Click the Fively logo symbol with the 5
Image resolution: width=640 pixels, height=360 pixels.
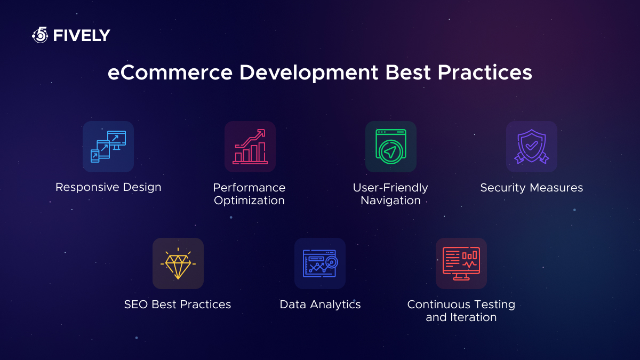[40, 35]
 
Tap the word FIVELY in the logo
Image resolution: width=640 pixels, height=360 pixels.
[82, 35]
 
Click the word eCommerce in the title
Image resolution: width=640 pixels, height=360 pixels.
[170, 73]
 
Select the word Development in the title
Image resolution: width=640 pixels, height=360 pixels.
[309, 73]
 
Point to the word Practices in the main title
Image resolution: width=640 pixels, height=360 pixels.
[485, 73]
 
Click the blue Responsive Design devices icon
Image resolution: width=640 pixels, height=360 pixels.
[108, 147]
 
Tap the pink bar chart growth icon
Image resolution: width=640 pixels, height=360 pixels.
[250, 147]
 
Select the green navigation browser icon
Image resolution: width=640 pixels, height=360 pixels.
[391, 147]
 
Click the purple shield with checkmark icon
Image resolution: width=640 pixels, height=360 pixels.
[532, 147]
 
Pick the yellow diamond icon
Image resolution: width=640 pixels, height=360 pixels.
[178, 263]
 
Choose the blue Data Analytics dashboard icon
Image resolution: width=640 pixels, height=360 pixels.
[321, 263]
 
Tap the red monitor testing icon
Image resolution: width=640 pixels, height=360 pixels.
[461, 263]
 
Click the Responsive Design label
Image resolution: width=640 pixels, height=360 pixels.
[108, 187]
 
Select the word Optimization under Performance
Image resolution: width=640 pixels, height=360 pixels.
[249, 201]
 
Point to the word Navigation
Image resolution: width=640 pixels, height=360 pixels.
[390, 201]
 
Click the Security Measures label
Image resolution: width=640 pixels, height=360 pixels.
[531, 188]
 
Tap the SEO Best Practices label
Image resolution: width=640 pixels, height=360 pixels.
[178, 305]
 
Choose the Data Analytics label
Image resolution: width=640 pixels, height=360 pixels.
[320, 305]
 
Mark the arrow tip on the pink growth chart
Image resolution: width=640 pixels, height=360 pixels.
[265, 130]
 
